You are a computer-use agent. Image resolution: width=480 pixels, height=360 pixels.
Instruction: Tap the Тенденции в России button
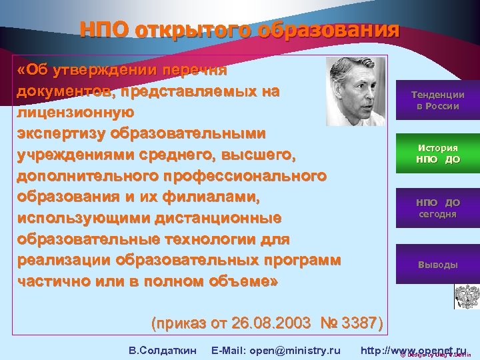(x=437, y=101)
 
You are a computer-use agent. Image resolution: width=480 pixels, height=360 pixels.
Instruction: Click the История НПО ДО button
(x=437, y=153)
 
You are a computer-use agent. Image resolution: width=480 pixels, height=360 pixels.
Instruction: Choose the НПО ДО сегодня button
(x=437, y=208)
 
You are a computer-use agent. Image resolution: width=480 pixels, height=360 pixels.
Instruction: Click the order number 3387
(x=361, y=305)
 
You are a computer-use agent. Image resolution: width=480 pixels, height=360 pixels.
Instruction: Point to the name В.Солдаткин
(x=162, y=332)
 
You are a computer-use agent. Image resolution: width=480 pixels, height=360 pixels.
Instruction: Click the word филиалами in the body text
(x=217, y=197)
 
